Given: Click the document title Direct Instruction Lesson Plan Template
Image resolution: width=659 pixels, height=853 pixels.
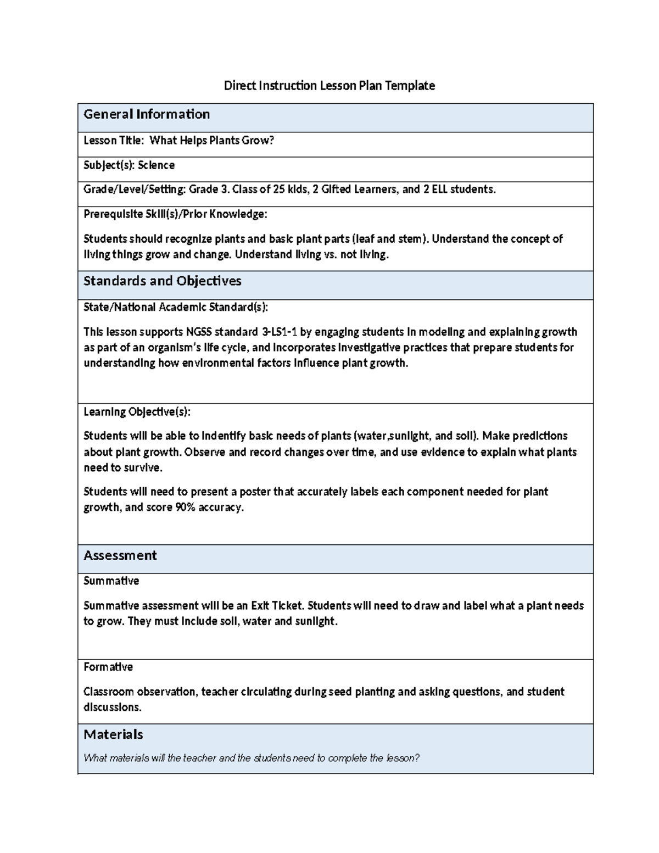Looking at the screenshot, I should point(329,86).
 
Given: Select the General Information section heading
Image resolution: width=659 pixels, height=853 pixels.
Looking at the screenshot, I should point(147,114).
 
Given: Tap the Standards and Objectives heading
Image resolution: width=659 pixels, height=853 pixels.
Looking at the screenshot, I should point(162,281).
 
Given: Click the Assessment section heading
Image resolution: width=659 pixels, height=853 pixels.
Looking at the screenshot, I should point(120,555).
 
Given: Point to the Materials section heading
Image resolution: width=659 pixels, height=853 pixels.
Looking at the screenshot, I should point(113,734).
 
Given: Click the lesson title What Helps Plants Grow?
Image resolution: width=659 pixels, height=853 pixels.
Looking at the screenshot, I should point(211,141).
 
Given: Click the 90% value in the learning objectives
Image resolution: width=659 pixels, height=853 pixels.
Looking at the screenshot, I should point(185,508).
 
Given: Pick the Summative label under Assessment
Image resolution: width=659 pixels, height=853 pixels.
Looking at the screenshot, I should point(111,581).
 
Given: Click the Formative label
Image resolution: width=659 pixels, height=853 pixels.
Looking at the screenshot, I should point(108,667).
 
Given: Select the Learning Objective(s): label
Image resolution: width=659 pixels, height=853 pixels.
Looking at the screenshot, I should point(137,412).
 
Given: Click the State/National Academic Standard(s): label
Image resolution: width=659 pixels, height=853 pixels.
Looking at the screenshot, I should point(176,307).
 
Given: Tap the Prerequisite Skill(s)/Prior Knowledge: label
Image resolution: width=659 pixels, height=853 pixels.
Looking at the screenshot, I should point(175,214).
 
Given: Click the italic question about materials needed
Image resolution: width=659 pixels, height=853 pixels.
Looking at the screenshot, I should point(252,758).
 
